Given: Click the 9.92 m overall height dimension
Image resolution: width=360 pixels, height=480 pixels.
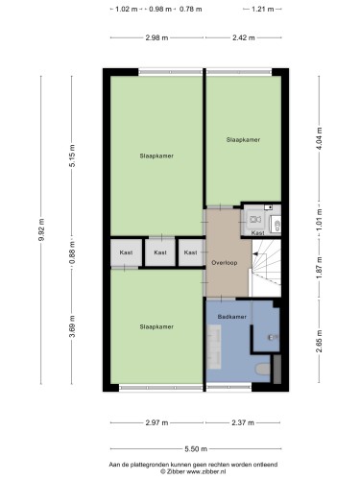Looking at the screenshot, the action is [x=41, y=229].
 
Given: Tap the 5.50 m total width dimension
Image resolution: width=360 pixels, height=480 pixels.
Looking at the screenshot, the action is [x=196, y=449].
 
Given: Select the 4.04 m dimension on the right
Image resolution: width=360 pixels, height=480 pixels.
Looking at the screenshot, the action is [x=319, y=139].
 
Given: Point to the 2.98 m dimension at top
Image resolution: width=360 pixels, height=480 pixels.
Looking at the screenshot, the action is [x=156, y=37].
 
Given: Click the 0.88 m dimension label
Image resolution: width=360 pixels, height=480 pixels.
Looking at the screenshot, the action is [x=72, y=252].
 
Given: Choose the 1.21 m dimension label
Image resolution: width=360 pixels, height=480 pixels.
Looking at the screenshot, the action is [x=262, y=9].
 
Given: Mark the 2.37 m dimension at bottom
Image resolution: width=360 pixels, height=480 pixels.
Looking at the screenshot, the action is [x=243, y=422].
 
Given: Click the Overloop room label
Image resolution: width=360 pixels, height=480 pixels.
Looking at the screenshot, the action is [x=225, y=263].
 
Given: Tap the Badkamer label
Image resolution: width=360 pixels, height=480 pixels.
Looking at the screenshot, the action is [x=232, y=317].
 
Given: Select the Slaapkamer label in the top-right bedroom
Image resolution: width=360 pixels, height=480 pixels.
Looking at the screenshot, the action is [x=243, y=140].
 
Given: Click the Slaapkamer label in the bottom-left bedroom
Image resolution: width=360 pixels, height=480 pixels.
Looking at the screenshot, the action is [x=156, y=326].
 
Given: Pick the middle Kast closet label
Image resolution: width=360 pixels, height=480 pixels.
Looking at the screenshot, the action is [x=160, y=252].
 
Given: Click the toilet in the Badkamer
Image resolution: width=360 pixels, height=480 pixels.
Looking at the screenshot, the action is [x=263, y=369].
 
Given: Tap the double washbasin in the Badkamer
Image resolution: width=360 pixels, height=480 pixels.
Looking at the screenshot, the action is [x=214, y=347].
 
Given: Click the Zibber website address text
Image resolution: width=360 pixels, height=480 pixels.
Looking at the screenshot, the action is [x=206, y=471].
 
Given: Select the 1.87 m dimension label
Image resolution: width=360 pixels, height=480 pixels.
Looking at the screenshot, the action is [x=319, y=268].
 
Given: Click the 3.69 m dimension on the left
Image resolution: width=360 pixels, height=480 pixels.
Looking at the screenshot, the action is [x=72, y=326].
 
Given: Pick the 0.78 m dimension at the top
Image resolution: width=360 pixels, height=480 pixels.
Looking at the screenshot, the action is [x=191, y=9].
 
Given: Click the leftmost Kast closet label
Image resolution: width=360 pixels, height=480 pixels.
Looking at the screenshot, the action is [x=126, y=252].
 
